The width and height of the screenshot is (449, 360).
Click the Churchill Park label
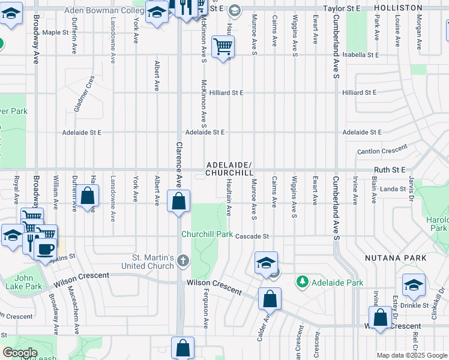coord(207,235)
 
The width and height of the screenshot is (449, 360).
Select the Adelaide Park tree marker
coord(302,281)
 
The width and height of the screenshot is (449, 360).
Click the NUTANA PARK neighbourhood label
coord(396,258)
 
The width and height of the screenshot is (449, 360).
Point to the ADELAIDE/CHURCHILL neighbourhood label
coord(229,169)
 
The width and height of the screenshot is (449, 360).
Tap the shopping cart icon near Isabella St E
coord(223,46)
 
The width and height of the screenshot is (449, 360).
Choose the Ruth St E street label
coord(390,170)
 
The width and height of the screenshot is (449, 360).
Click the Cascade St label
coord(252,236)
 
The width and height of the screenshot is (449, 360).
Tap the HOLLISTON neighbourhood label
coord(398,8)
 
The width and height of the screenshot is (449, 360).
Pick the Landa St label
coord(393,189)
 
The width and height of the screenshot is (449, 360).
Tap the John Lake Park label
coord(28,282)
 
